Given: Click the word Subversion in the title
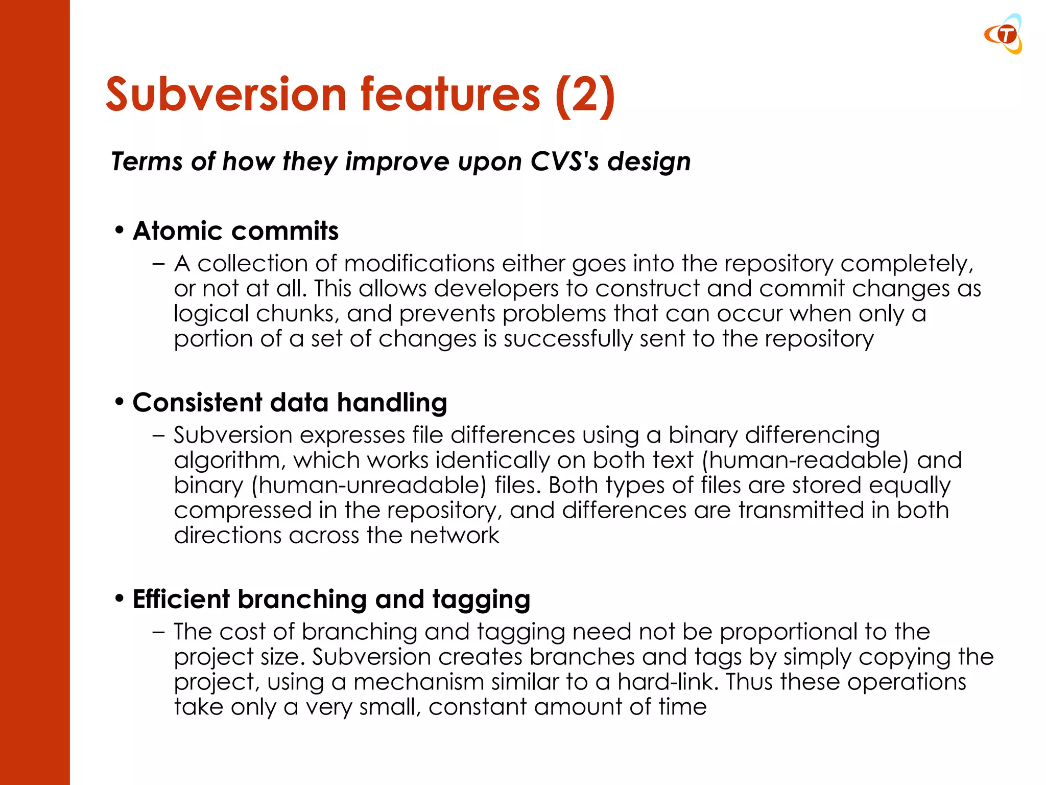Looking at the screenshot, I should tap(226, 95).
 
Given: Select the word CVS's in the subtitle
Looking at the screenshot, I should tap(564, 161).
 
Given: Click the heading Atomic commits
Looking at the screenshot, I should tap(235, 231).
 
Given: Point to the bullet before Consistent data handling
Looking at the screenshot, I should tap(120, 402).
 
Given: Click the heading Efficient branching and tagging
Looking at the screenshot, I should tap(331, 599).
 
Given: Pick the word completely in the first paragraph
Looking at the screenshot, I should tap(907, 264).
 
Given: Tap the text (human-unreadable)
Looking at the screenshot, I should tap(369, 485).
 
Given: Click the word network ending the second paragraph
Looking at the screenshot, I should tap(454, 535).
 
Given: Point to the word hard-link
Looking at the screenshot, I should tap(668, 682).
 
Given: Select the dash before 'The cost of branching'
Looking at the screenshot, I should tap(158, 632).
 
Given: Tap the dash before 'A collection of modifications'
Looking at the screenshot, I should tap(158, 264).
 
